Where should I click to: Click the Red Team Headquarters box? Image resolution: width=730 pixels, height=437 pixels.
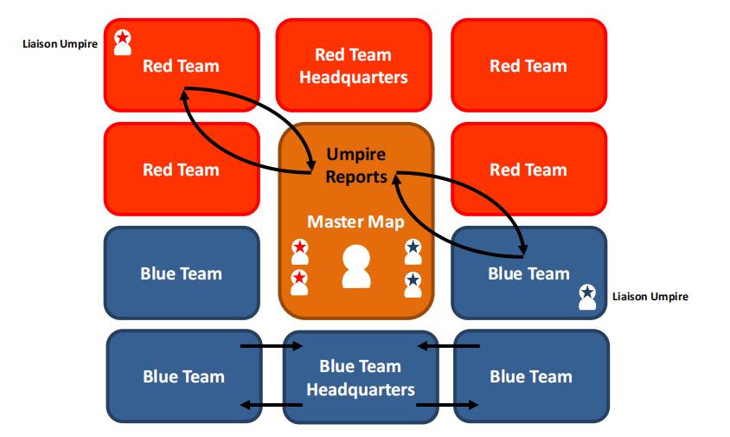pos(353,65)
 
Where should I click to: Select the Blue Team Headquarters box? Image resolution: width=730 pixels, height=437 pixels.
pos(360,377)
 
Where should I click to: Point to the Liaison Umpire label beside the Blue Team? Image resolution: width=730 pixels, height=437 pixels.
pos(650,297)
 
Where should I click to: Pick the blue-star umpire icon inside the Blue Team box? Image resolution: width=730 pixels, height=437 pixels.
pos(587,297)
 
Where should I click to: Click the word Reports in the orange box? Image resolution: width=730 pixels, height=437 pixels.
pos(355,177)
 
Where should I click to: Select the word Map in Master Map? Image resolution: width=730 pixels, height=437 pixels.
pos(387,222)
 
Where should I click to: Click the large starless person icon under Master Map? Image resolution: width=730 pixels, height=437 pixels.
pos(355,266)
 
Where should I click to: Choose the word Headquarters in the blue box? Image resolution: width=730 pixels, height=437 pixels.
pos(360,389)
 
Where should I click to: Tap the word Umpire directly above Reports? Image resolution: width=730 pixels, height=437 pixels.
pos(355,155)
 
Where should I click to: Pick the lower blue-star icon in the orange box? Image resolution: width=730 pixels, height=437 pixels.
pos(413,282)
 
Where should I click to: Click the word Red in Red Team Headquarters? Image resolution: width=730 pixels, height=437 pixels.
pos(329,55)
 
